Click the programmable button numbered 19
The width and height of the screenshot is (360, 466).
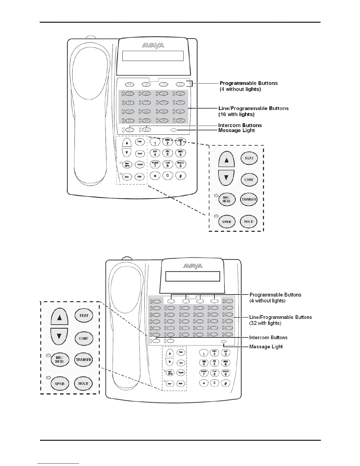(x=129, y=84)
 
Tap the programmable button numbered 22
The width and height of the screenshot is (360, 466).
(x=181, y=84)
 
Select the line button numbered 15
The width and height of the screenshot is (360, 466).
(x=129, y=94)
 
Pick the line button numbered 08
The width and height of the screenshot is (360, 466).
(x=146, y=111)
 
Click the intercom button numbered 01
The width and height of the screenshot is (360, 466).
(x=129, y=130)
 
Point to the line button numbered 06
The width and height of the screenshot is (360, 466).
(x=180, y=121)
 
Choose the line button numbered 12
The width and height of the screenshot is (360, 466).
(x=146, y=103)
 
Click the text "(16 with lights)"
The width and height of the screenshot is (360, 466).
(x=236, y=114)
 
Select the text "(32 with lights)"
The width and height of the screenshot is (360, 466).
(x=265, y=323)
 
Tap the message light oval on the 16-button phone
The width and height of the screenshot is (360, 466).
(x=174, y=130)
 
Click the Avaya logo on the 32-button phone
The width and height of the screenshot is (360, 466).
(x=193, y=266)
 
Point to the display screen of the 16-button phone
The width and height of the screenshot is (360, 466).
(x=153, y=56)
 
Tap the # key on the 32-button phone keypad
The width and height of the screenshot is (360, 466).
(x=226, y=383)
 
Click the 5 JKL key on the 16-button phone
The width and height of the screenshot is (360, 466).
(x=167, y=153)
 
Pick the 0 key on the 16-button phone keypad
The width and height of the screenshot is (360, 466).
(x=167, y=176)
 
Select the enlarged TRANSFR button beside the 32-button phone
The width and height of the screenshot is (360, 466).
(x=84, y=360)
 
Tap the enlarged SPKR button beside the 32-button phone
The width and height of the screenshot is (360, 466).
(x=59, y=384)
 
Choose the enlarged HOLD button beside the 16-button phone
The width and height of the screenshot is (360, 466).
(x=249, y=222)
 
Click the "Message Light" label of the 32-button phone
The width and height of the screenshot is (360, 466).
(x=266, y=347)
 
